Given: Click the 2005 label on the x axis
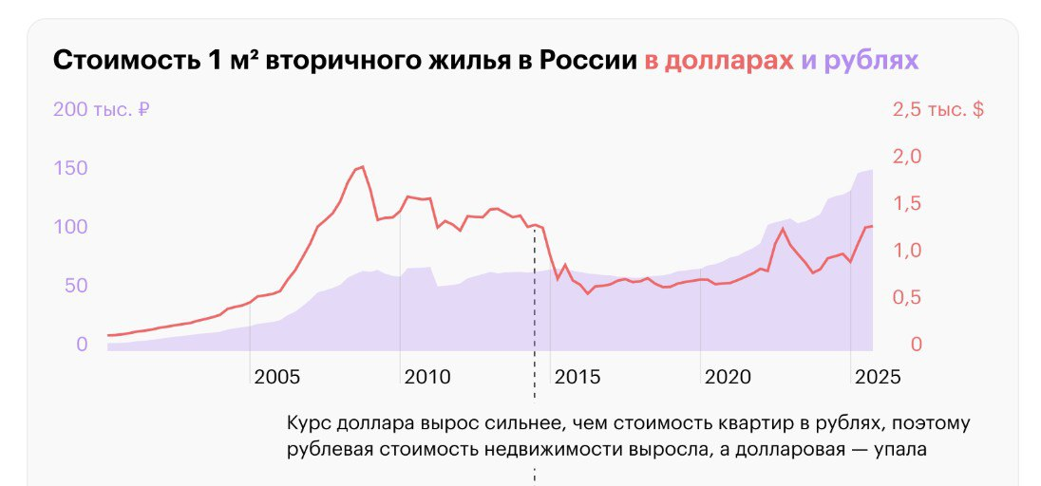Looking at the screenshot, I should (x=276, y=377).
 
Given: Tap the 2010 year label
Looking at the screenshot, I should (x=426, y=377).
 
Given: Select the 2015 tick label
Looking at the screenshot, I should (x=577, y=377).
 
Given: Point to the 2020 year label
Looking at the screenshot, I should (x=729, y=377).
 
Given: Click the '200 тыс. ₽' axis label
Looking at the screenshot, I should (x=101, y=109).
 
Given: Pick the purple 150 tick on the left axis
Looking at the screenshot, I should (x=71, y=168).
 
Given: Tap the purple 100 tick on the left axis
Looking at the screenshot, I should (x=71, y=227).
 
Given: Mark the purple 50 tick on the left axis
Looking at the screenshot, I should (x=76, y=286).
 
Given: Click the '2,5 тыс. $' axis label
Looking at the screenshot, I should (x=937, y=109).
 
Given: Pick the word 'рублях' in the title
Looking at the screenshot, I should (x=872, y=62).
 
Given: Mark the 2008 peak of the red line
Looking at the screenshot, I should (x=362, y=167).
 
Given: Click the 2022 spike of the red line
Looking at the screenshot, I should (x=783, y=229).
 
